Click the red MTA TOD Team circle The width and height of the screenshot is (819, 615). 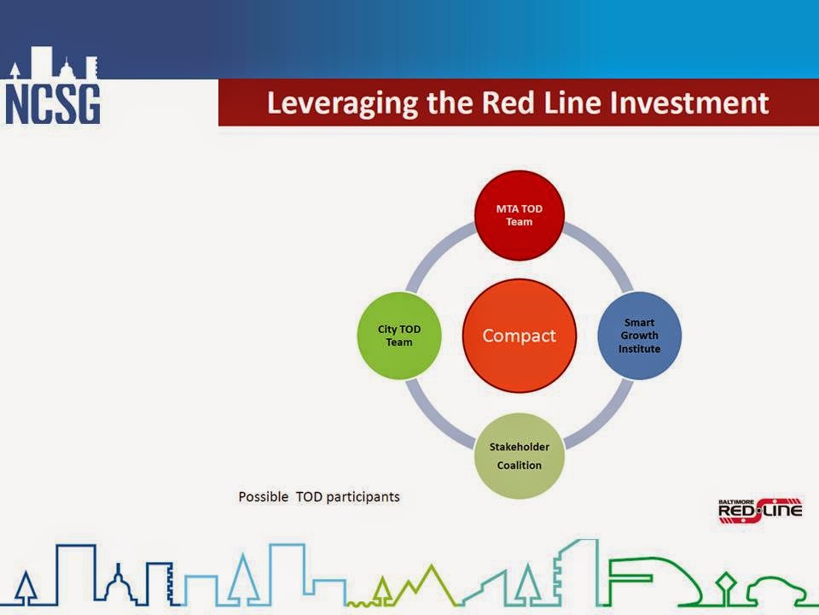coord(520,215)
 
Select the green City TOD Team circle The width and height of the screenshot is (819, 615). coord(399,335)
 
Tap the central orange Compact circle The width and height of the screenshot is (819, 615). coord(520,335)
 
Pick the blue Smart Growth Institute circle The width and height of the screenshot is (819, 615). coord(639,335)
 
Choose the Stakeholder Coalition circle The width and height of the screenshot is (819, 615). coord(520,455)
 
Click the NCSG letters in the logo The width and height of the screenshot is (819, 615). coord(52,104)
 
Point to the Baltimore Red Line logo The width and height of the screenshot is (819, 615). coord(760,511)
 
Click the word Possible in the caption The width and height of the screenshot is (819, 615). coord(264,496)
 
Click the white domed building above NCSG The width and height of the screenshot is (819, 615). coord(67,69)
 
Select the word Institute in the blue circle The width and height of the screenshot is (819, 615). coord(639,348)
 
